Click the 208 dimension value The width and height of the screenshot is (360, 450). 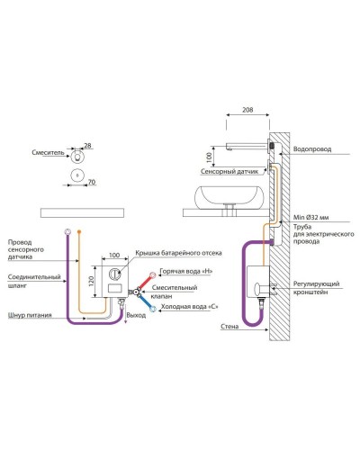click(247, 110)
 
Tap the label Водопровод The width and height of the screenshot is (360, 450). click(312, 149)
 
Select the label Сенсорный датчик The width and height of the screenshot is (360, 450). click(229, 172)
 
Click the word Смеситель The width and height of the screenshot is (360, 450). click(48, 152)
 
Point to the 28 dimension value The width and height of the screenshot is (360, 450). click(87, 146)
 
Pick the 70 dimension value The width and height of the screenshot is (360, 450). click(92, 182)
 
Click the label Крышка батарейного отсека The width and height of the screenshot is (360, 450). click(178, 253)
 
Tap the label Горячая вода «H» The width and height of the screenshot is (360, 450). click(186, 271)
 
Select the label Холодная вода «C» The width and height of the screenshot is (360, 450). click(189, 307)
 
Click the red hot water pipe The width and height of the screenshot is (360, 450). click(146, 282)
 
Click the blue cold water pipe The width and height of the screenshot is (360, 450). click(148, 301)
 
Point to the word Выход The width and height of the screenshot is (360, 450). click(136, 315)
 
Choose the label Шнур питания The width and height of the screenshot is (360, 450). click(30, 315)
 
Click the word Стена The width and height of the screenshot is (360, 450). click(229, 327)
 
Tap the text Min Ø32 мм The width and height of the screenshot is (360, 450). click(310, 217)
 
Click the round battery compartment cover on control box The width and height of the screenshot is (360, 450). click(115, 274)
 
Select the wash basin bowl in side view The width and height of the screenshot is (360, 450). click(229, 196)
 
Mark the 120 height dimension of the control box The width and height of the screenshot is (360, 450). click(92, 281)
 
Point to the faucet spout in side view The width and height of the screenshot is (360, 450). click(246, 145)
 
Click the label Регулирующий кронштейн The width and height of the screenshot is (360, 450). click(316, 288)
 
